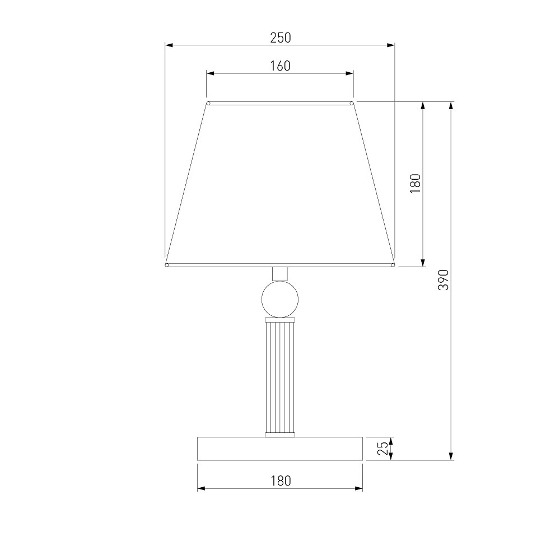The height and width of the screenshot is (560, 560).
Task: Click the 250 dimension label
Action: (281, 38)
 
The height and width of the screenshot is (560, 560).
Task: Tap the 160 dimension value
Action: (281, 66)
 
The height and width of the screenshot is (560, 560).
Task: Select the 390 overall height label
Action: (443, 280)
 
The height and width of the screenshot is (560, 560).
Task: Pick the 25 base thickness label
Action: (383, 448)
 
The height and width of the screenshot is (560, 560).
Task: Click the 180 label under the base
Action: (281, 480)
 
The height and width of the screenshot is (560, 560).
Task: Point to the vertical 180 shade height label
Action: (416, 184)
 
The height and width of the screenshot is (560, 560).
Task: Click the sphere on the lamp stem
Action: (280, 299)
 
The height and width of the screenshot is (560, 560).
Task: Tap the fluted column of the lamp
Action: (280, 377)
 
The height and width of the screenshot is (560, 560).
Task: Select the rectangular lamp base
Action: (280, 449)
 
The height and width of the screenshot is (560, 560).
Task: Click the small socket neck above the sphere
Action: (280, 274)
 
